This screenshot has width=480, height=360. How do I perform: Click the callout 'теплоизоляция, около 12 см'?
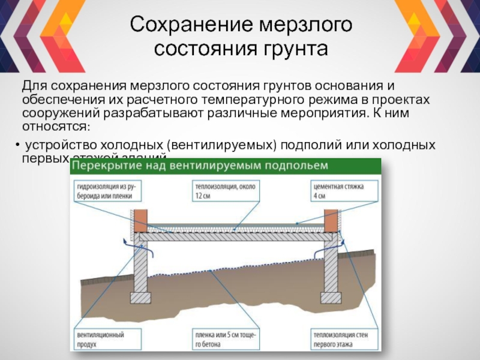[224, 191]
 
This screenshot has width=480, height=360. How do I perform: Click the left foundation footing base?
[140, 297]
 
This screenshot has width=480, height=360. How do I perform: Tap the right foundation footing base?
[331, 297]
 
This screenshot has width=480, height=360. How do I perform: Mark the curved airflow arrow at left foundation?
[124, 244]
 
